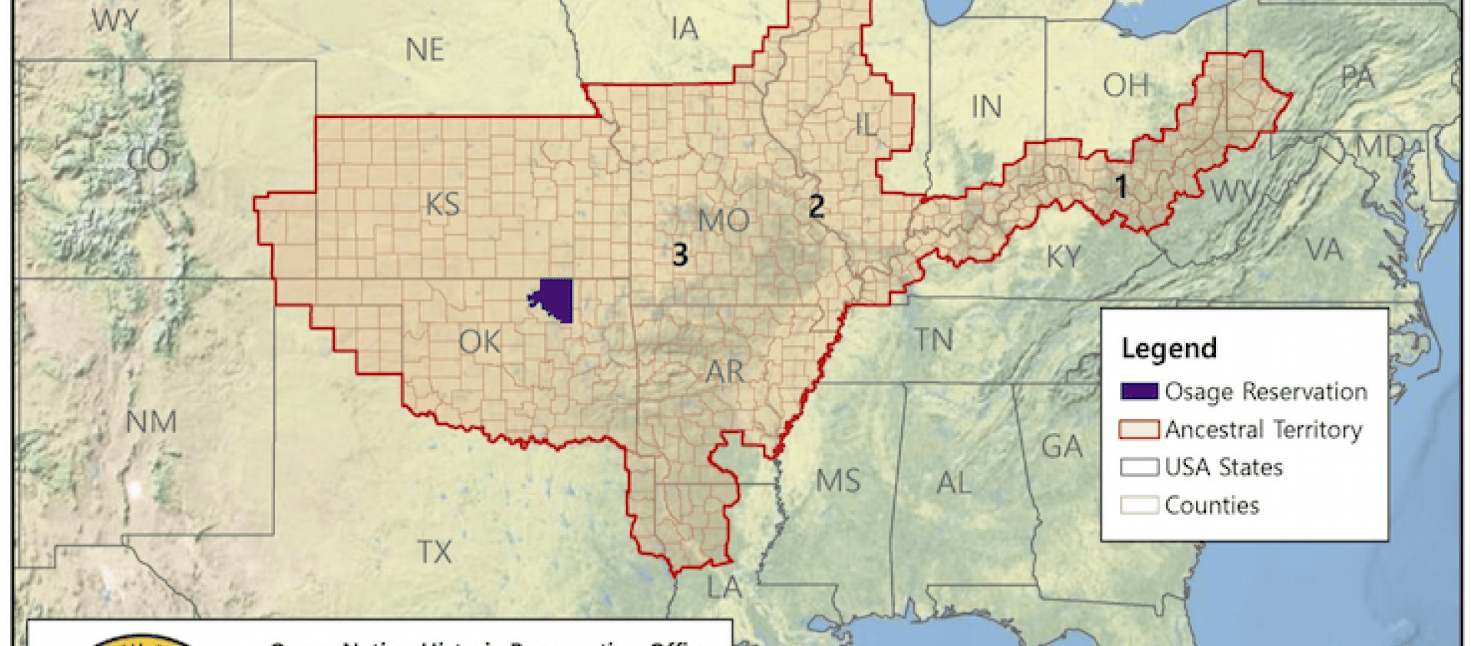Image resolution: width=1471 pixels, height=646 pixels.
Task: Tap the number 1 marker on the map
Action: (1121, 186)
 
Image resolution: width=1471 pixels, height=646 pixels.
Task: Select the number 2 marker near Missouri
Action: (817, 205)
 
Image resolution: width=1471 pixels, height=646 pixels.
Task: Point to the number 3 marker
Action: (680, 254)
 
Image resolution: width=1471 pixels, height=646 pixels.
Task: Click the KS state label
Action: (443, 205)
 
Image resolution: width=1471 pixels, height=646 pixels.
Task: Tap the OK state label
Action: (480, 342)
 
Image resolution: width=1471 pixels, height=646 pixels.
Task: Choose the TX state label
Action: (434, 552)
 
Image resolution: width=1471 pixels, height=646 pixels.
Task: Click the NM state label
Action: (151, 421)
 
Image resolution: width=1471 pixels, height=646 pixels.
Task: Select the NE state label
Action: (424, 51)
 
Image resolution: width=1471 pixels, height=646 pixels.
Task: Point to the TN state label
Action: (934, 339)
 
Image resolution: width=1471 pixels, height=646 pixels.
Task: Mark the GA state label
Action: (1061, 446)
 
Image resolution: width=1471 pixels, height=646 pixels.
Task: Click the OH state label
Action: (1125, 85)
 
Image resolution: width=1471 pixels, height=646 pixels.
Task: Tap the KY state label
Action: (1063, 257)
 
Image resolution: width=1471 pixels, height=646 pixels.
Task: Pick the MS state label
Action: (837, 481)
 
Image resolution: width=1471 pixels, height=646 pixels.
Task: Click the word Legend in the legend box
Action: (1168, 348)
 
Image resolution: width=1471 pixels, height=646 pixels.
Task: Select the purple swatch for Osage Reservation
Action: (1138, 392)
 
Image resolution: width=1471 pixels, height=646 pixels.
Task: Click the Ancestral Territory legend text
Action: (1263, 429)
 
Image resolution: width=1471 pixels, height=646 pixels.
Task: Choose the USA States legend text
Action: (1224, 467)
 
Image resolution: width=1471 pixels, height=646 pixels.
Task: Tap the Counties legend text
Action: (1211, 505)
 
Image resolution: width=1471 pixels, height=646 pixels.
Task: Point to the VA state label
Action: (1324, 250)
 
